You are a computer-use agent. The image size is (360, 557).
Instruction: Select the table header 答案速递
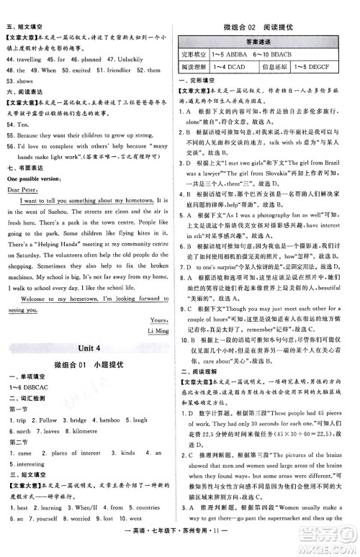(x=266, y=41)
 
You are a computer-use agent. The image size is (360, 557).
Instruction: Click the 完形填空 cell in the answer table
(x=196, y=53)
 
